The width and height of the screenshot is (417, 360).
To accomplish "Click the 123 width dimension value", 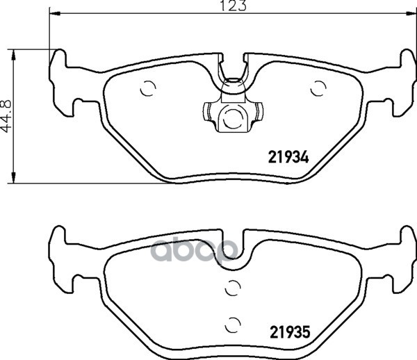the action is tap(234, 6).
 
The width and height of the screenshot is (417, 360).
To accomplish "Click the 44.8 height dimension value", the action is tap(6, 116).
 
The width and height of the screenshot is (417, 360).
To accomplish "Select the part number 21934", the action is tap(288, 157).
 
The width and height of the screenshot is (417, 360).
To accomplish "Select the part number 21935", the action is tap(290, 332).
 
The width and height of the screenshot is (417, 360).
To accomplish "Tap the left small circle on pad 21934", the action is tap(148, 88).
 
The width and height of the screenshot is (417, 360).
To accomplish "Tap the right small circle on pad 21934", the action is tap(318, 88).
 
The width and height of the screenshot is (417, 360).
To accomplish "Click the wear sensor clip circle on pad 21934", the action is tap(233, 119).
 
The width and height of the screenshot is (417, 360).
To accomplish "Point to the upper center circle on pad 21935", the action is tap(233, 288).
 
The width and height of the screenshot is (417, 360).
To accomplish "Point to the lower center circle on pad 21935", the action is tap(233, 325).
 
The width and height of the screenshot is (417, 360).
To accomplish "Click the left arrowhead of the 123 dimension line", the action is tap(54, 13).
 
